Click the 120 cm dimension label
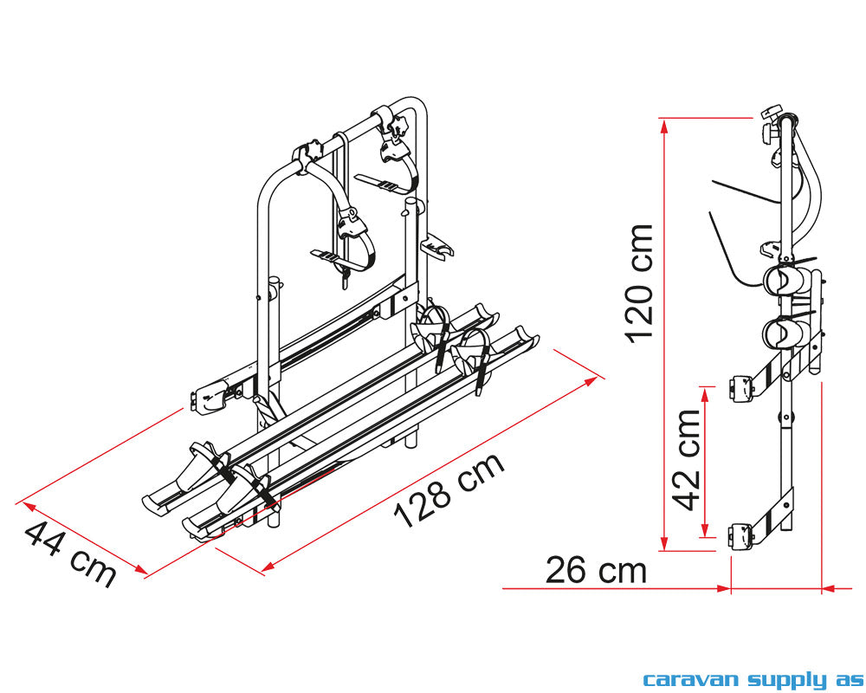(640, 282)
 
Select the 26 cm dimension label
(597, 570)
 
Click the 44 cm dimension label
(70, 554)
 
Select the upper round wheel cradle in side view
(780, 281)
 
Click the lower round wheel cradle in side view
(780, 333)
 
